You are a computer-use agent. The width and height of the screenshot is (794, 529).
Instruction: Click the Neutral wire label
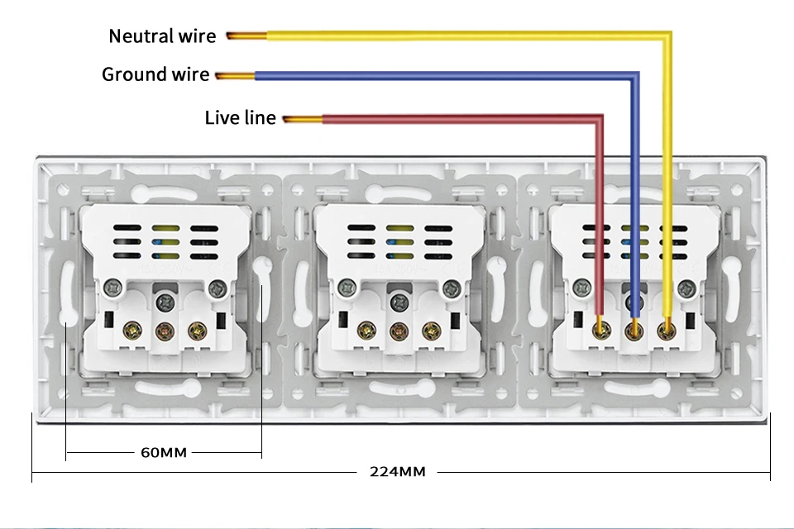click(x=162, y=36)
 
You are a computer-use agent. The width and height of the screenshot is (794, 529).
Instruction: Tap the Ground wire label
click(x=155, y=74)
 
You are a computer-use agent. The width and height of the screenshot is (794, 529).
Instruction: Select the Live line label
click(x=240, y=118)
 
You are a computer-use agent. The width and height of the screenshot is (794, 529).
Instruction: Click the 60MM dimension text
click(x=163, y=452)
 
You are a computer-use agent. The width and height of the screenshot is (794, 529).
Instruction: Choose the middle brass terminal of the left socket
click(x=164, y=331)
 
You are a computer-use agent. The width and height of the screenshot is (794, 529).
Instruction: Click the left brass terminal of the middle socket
click(x=364, y=331)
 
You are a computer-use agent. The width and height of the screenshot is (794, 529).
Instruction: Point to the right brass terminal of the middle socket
click(x=430, y=331)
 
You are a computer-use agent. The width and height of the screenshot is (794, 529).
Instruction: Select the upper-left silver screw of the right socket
click(x=581, y=287)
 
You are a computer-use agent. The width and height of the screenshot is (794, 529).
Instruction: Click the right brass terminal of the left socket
click(x=197, y=331)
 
